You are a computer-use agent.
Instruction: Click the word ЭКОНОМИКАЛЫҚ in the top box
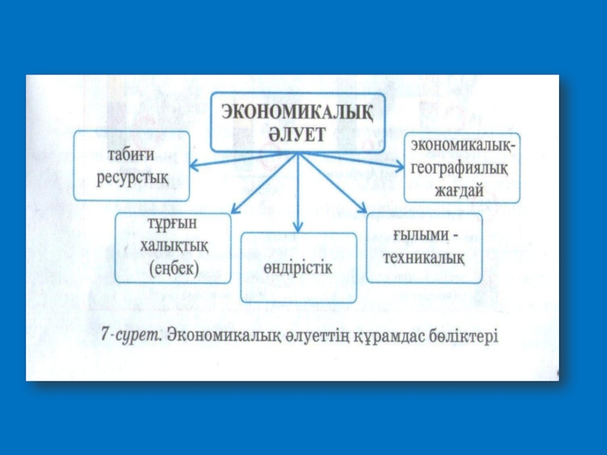pos(297,111)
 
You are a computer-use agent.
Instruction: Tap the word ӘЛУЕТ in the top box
pos(296,133)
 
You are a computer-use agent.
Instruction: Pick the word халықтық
pos(173,246)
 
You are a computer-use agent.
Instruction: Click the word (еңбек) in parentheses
pos(173,267)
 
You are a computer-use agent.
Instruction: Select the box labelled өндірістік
pos(298,268)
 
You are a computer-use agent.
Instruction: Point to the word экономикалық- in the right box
pos(463,144)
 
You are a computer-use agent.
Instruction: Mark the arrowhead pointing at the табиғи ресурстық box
pos(194,164)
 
